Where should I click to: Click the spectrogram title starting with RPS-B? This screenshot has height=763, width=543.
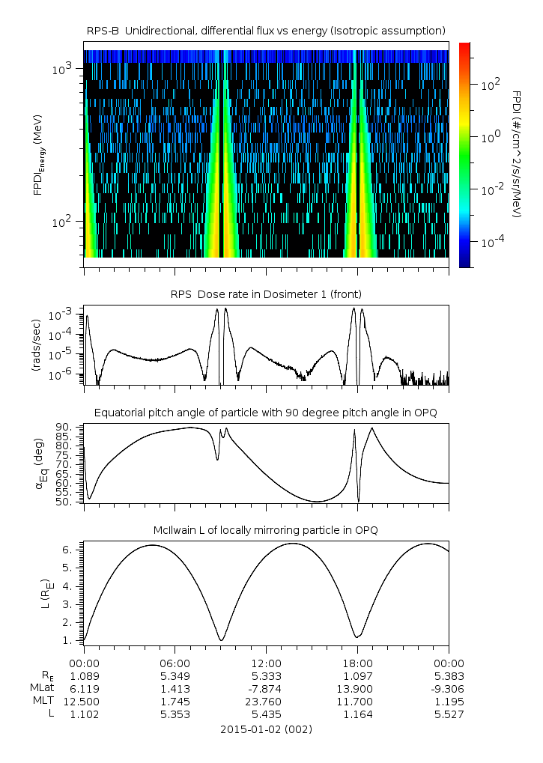pos(266,30)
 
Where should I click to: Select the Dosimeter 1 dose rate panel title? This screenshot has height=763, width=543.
pos(266,294)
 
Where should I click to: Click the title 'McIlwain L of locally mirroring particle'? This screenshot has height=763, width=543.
pos(266,530)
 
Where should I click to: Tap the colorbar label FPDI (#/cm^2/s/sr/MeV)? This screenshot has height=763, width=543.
pos(517,154)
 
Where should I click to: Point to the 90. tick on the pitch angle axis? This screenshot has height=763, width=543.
pos(65,428)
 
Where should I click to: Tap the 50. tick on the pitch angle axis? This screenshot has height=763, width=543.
pos(65,502)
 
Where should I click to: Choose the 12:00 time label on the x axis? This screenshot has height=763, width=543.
pos(266,663)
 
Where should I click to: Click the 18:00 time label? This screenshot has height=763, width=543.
pos(357,663)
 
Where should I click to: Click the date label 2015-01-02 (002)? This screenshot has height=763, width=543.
pos(266,729)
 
